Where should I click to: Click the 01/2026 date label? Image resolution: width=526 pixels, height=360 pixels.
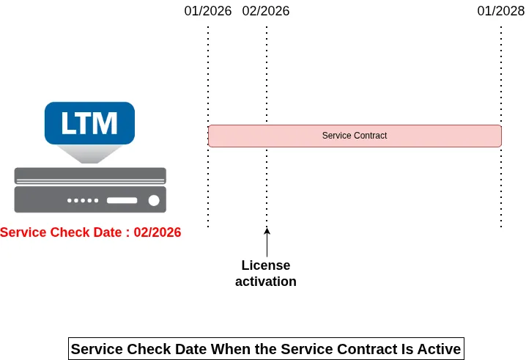point(208,11)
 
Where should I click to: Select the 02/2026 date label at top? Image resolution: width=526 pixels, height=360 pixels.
point(266,11)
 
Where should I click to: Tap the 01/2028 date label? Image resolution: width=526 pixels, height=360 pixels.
point(501,11)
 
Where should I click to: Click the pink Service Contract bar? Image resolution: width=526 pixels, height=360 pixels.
point(440,136)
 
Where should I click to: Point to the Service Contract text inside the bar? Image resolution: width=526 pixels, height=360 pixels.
point(355,136)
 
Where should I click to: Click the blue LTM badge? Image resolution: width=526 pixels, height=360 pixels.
point(89,122)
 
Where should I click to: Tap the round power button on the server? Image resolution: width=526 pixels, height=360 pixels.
point(154,200)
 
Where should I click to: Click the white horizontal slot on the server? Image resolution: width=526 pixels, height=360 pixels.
point(122,200)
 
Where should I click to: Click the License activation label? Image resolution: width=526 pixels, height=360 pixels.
point(266,273)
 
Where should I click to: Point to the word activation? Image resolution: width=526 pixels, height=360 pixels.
point(266,282)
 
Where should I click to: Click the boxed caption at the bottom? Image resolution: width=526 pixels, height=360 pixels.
point(266,349)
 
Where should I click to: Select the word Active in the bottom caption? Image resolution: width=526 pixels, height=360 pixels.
point(439,349)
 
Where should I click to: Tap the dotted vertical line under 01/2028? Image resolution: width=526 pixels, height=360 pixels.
point(501,183)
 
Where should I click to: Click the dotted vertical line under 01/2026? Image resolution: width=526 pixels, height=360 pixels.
point(208,183)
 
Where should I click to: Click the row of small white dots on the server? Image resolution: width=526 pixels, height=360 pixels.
point(83,200)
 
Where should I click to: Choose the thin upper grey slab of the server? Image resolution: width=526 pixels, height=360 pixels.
point(90,176)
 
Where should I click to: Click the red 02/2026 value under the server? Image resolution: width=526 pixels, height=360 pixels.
point(158,232)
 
